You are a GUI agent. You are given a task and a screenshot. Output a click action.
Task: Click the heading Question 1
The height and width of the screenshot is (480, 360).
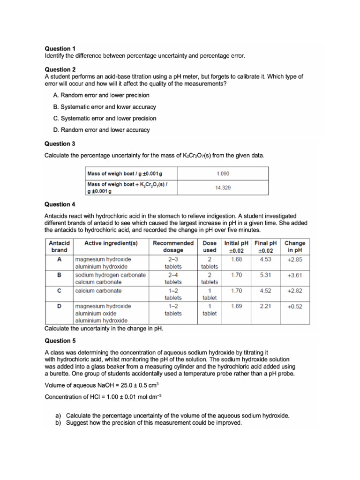click(60, 48)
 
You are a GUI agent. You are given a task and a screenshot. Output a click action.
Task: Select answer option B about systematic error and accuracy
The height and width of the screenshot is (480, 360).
click(105, 107)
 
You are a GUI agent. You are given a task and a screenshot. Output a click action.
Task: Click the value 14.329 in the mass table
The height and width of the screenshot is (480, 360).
click(223, 187)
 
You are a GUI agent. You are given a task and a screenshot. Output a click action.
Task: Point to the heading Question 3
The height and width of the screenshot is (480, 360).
click(60, 144)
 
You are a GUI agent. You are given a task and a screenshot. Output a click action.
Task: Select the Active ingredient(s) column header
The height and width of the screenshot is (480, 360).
click(111, 243)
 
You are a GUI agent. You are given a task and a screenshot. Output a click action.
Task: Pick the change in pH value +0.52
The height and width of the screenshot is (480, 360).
click(294, 306)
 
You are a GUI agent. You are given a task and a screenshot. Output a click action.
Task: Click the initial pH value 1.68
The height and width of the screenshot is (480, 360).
click(237, 259)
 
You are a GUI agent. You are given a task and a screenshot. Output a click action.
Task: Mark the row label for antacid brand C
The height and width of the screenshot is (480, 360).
click(59, 291)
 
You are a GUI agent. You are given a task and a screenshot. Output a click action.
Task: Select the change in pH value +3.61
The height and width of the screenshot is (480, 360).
click(294, 275)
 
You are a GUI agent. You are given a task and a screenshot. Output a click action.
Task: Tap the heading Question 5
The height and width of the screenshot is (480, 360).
click(60, 341)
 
